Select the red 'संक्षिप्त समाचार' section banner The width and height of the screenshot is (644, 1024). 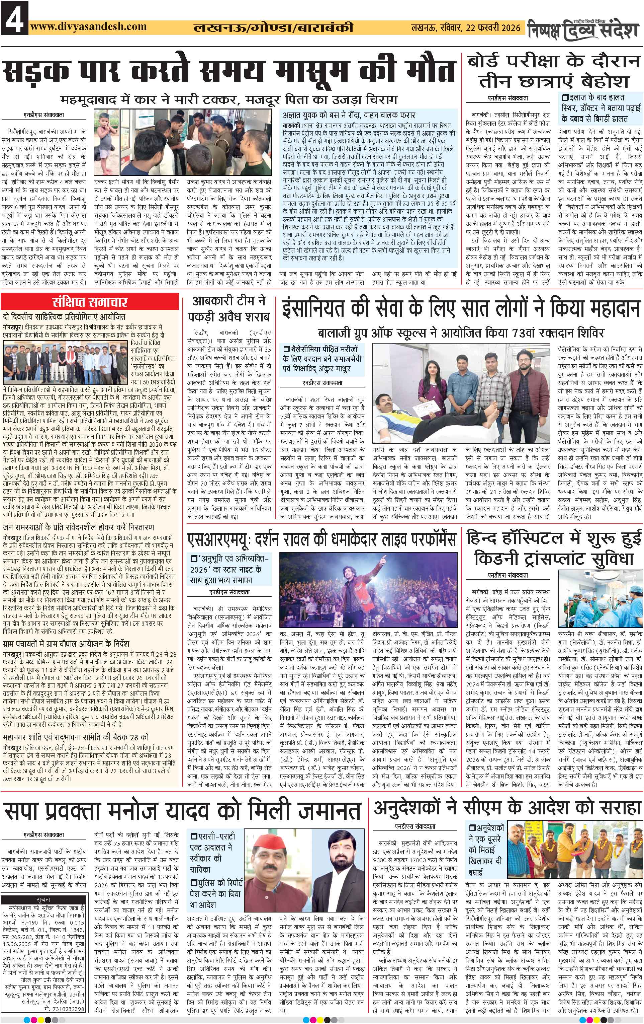click(x=90, y=303)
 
